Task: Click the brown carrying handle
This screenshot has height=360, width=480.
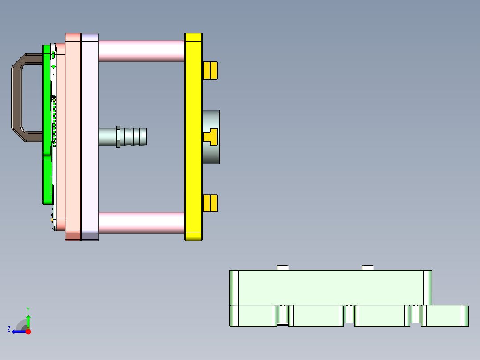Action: pos(16,98)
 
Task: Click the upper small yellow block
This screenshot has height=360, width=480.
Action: pos(210,70)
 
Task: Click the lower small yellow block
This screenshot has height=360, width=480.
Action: pos(210,203)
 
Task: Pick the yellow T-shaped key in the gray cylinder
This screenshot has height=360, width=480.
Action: pos(210,136)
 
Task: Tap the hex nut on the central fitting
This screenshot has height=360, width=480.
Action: pos(118,136)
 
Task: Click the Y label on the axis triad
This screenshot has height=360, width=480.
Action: pos(28,309)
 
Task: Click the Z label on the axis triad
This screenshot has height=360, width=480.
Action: pos(8,329)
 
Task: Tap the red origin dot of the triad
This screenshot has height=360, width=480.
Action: pos(28,331)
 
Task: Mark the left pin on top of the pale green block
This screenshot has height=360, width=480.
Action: pos(283,267)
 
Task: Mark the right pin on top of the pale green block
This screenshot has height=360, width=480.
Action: pos(367,267)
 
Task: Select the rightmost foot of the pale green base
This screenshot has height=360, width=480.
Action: pos(444,316)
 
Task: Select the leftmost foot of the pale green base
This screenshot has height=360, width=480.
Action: pos(252,316)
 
